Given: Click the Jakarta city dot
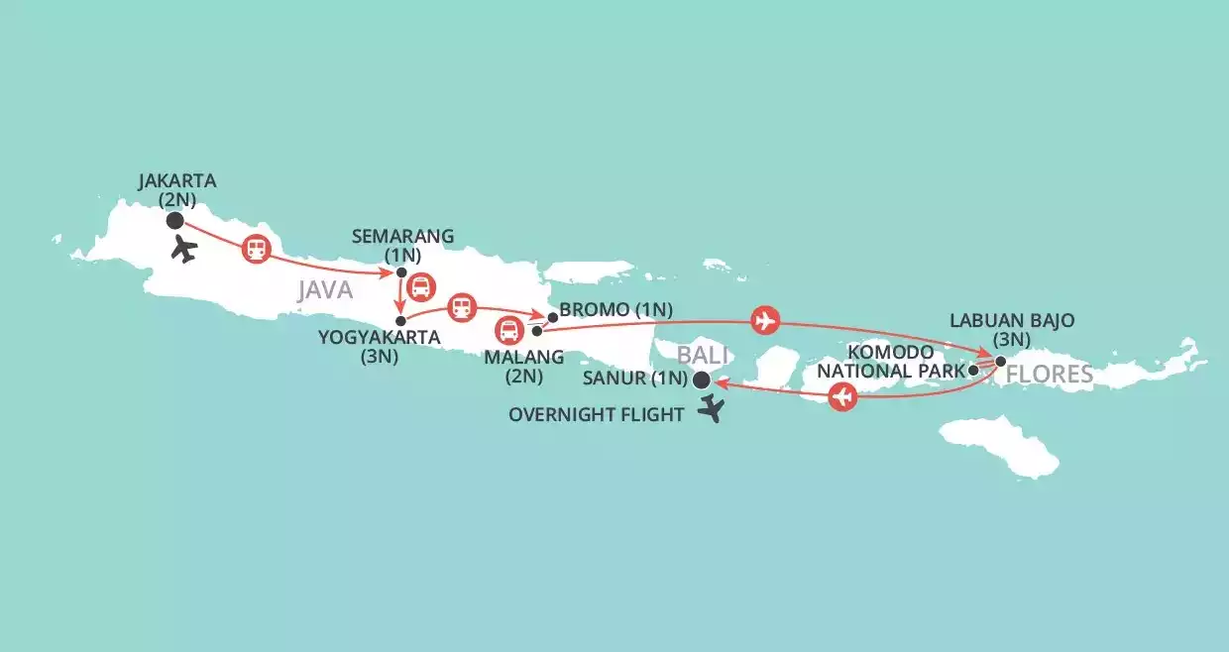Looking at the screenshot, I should (x=175, y=220).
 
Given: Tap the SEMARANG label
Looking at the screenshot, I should (x=402, y=236).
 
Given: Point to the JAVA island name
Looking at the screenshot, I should (x=324, y=290).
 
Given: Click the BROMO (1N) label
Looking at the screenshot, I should (x=615, y=309).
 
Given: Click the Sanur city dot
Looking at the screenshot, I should (x=702, y=380).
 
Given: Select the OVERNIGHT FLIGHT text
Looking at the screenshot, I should (x=596, y=415).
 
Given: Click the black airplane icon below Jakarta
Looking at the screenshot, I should (x=183, y=249).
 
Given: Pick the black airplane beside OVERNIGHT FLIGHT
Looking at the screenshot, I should (x=711, y=408).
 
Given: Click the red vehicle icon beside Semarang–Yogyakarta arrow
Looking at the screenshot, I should (x=421, y=287).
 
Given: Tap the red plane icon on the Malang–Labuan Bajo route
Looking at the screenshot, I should (x=765, y=320).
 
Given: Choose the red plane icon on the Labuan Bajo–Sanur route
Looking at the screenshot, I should (x=842, y=398).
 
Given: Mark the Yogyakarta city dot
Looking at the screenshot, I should (x=400, y=320).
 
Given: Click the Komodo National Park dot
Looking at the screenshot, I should (x=973, y=370).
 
